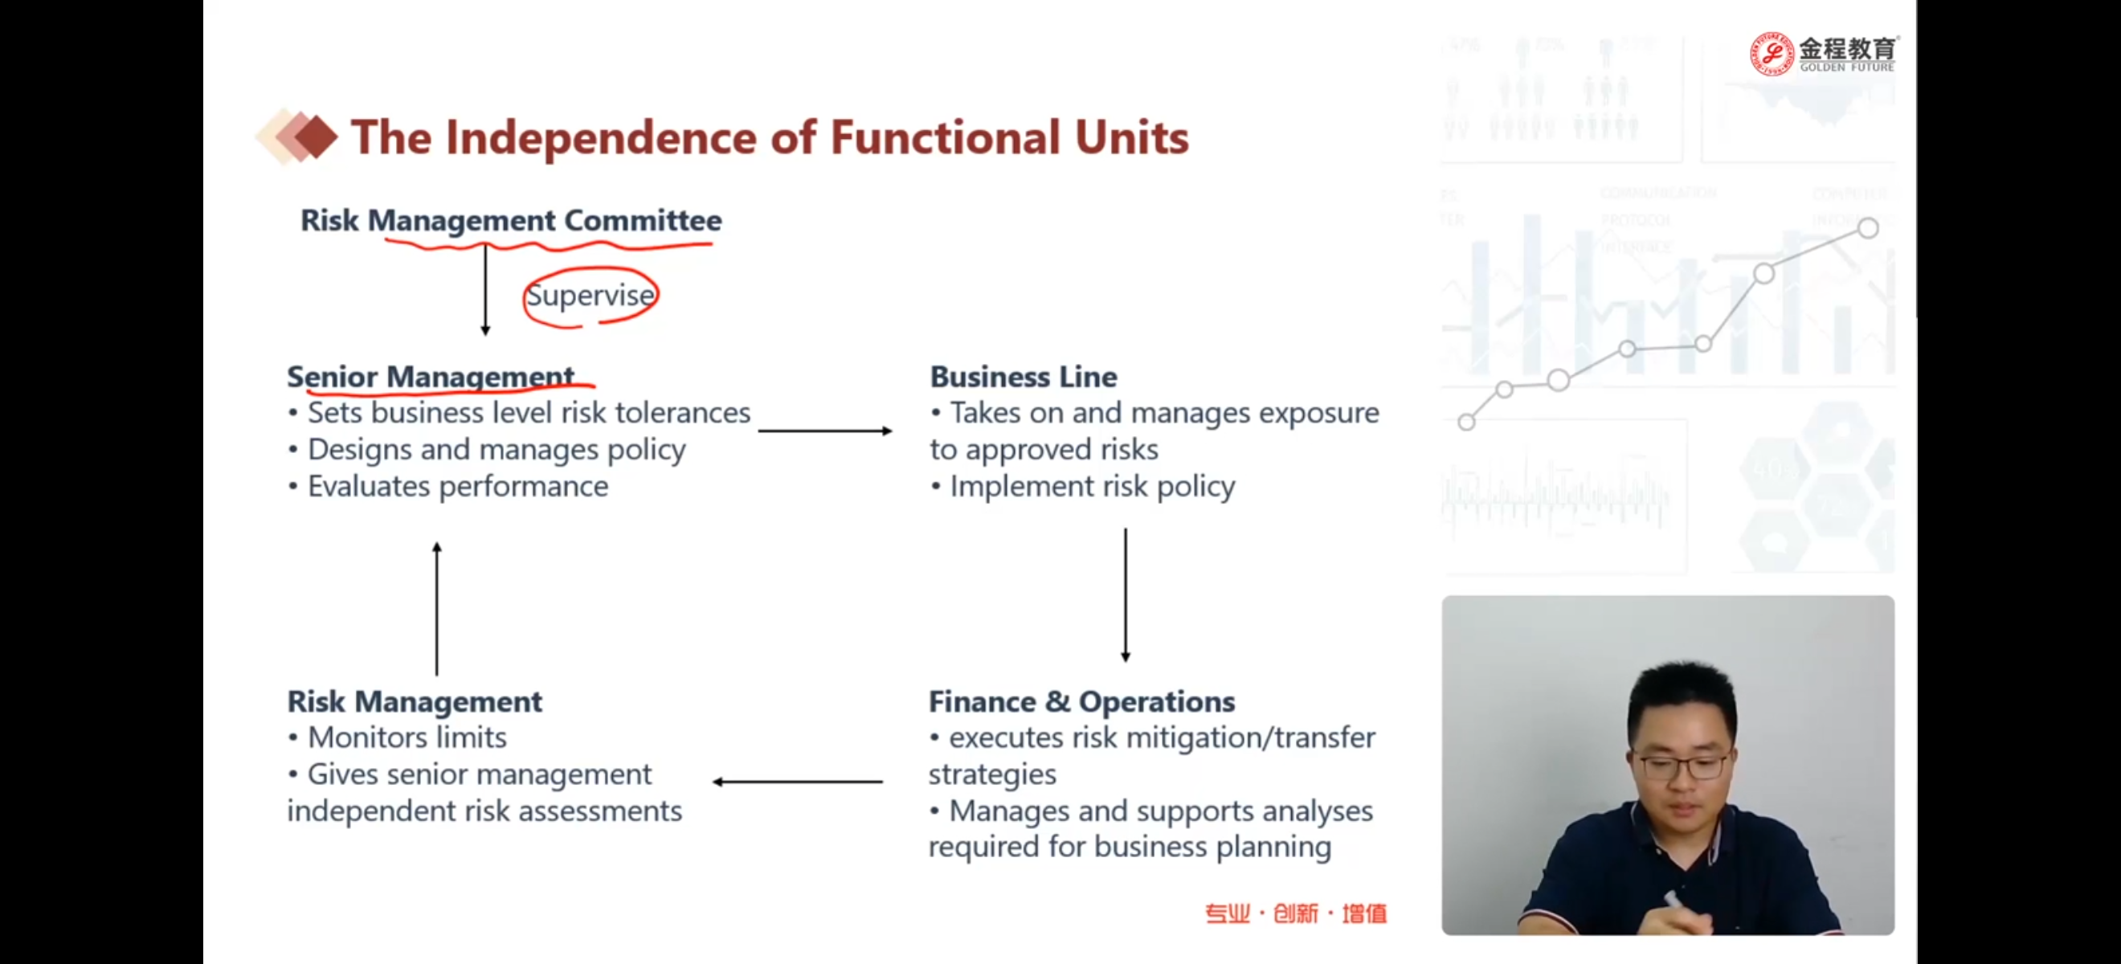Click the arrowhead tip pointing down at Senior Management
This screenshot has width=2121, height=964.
click(485, 334)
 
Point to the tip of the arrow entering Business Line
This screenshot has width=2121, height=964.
click(893, 431)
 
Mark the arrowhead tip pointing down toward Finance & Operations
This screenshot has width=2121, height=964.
click(1126, 661)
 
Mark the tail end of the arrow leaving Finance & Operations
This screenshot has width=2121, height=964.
click(884, 782)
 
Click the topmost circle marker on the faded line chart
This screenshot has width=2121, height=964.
click(1867, 228)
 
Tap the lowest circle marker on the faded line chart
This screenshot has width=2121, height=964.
click(1465, 423)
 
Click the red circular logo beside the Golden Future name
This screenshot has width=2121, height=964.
click(1770, 55)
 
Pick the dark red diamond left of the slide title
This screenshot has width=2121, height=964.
click(314, 137)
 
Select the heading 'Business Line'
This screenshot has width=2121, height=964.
click(1024, 376)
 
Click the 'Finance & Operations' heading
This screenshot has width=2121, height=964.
click(1081, 701)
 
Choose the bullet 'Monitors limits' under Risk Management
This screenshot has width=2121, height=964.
click(397, 737)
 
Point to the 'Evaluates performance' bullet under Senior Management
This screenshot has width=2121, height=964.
click(448, 487)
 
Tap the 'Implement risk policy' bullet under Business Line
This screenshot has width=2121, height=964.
click(1082, 487)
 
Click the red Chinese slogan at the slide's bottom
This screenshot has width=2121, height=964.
click(1296, 913)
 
